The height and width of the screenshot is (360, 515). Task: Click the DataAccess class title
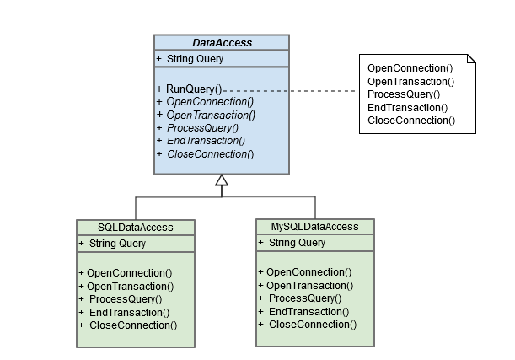pos(222,42)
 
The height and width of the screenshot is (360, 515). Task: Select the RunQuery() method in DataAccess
pos(193,88)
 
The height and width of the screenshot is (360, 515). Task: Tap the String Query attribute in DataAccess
pos(194,58)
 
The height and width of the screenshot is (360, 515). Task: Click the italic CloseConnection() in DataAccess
pos(209,153)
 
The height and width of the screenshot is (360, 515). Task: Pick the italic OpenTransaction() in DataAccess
pos(210,114)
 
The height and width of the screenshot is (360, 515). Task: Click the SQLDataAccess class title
pos(136,228)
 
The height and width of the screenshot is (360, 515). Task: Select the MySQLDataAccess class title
pos(314,227)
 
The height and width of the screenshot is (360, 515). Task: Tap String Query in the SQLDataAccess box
pos(116,244)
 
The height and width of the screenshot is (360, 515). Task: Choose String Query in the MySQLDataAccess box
pos(296,243)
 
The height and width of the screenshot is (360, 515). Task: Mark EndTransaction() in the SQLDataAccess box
pos(128,312)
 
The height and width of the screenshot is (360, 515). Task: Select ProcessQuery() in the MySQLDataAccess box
pos(304,298)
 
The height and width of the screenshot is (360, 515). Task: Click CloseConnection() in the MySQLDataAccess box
pos(312,325)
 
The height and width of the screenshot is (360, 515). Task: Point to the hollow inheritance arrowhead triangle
pos(221,180)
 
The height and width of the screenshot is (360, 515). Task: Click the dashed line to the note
pos(295,89)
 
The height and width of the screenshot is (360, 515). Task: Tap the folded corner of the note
pos(471,57)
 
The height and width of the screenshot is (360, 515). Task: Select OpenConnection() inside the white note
pos(410,67)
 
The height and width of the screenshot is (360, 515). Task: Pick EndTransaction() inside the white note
pos(407,107)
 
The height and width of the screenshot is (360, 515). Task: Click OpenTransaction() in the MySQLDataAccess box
pos(309,286)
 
